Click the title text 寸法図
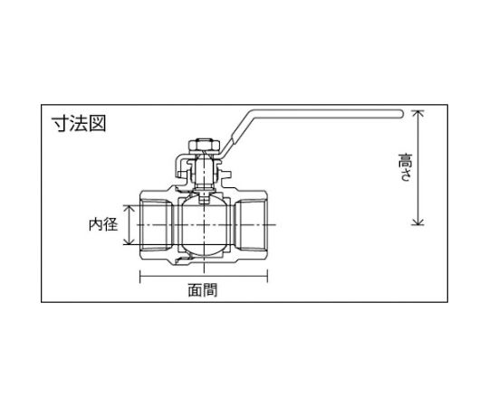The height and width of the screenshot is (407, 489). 79,124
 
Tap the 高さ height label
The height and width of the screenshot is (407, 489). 405,167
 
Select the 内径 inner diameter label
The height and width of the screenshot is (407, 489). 103,224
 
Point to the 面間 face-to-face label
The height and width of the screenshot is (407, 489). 203,290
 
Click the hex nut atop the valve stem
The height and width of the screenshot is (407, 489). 205,146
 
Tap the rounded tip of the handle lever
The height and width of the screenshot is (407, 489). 401,114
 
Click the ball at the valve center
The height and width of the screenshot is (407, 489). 204,225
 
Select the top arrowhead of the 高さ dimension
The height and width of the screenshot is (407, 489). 417,113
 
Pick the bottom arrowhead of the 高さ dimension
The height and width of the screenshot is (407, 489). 417,222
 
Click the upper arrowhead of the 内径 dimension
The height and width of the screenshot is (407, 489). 129,208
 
